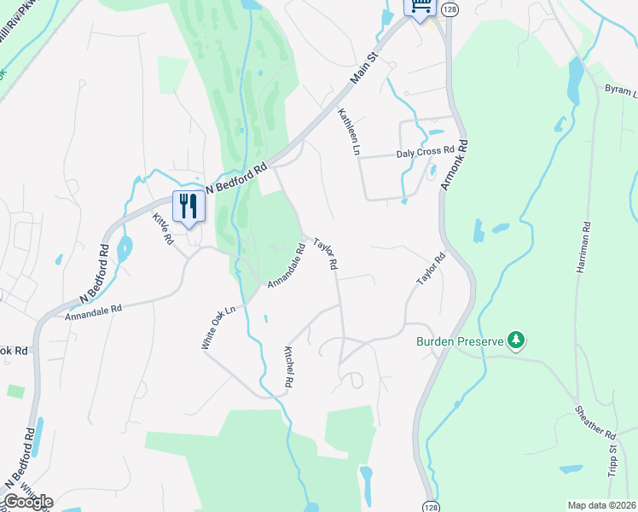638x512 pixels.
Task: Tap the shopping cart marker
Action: pos(420,7)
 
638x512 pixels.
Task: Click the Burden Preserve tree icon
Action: pos(515,341)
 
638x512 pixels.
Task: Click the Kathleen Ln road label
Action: pos(348,131)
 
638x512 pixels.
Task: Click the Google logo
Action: pos(27,501)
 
